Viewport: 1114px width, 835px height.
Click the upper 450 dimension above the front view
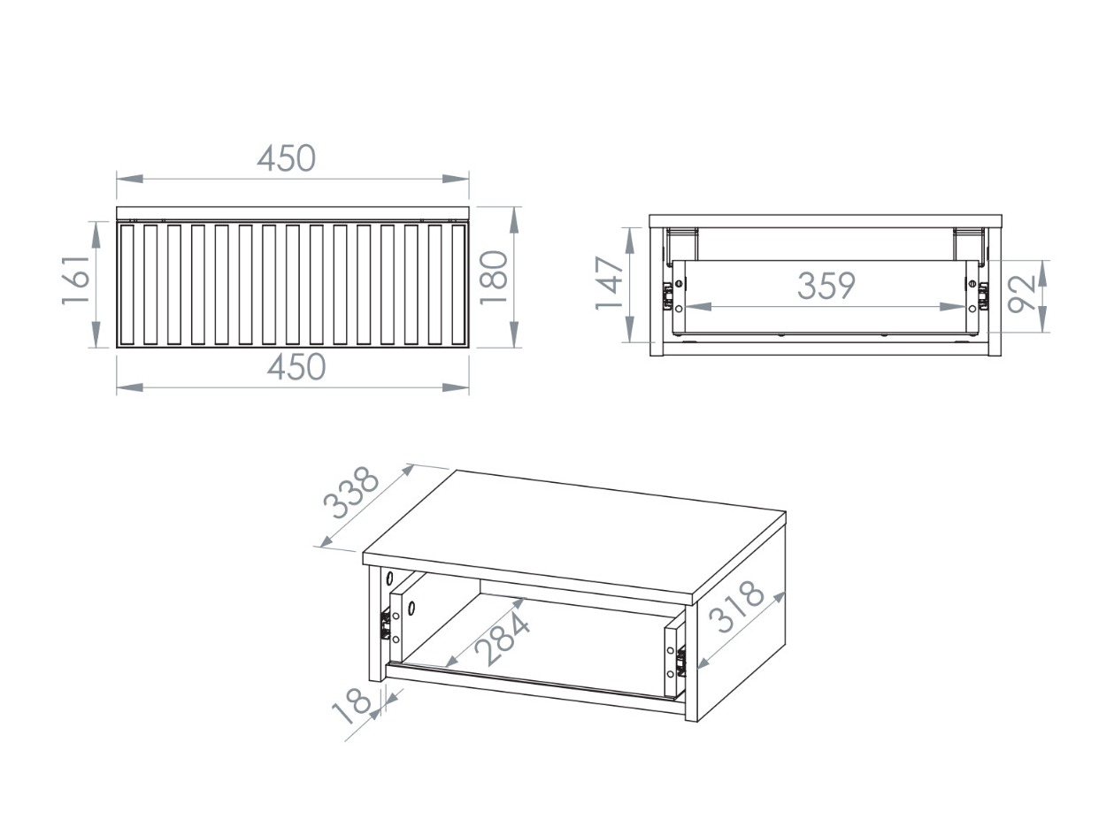[x=286, y=158]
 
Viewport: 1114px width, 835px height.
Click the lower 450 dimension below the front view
[x=296, y=367]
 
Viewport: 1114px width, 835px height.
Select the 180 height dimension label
[x=493, y=278]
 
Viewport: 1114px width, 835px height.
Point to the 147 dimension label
[x=610, y=283]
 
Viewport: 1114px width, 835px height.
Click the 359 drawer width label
[x=826, y=286]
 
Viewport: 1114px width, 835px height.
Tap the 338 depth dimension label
[x=351, y=494]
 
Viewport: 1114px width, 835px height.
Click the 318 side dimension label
[x=740, y=607]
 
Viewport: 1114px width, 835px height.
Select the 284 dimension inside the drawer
[x=503, y=640]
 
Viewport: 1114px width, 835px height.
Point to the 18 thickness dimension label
[x=351, y=709]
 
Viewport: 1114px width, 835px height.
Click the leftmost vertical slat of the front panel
[x=127, y=283]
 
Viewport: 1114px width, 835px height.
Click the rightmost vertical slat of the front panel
[x=458, y=283]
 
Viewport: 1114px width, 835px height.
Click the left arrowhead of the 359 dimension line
[x=692, y=307]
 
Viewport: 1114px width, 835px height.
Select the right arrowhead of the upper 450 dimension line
[x=460, y=179]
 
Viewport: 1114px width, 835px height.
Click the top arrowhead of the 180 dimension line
[x=514, y=215]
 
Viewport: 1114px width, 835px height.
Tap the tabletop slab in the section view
[x=825, y=221]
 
